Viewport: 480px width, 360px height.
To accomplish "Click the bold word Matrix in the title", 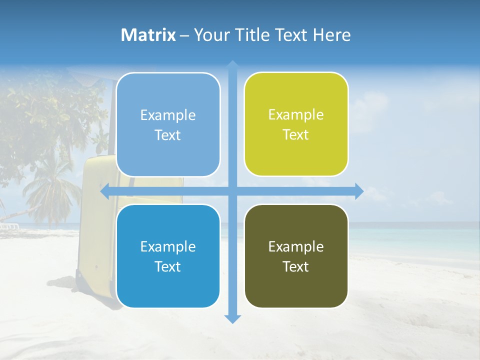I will tap(148, 35).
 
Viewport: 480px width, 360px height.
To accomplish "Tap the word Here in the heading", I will tap(331, 35).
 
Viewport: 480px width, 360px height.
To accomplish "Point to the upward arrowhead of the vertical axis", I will tap(232, 65).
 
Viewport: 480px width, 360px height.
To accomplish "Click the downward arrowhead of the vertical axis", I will tap(232, 318).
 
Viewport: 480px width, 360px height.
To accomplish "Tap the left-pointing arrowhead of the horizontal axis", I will tap(105, 191).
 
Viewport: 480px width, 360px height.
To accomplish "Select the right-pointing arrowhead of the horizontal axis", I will tap(358, 191).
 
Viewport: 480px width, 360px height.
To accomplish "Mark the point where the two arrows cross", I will tap(232, 191).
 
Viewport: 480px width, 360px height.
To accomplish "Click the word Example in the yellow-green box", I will tap(296, 115).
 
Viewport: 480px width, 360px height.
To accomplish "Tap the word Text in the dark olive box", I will tap(296, 267).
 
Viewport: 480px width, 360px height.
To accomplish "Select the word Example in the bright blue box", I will tap(168, 246).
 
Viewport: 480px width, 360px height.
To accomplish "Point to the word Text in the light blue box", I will tap(168, 135).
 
